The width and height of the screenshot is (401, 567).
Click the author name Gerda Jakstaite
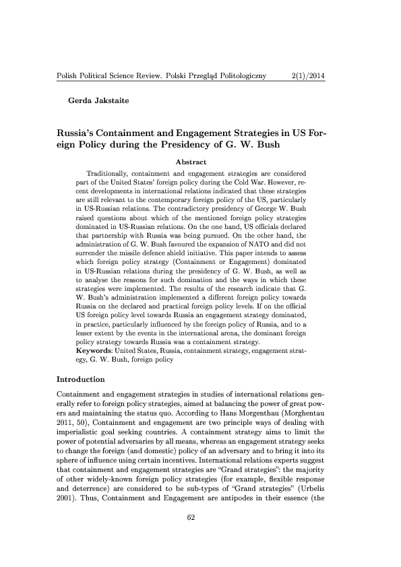97,101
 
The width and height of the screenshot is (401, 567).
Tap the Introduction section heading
82,380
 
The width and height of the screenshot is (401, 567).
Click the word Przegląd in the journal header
182,77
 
